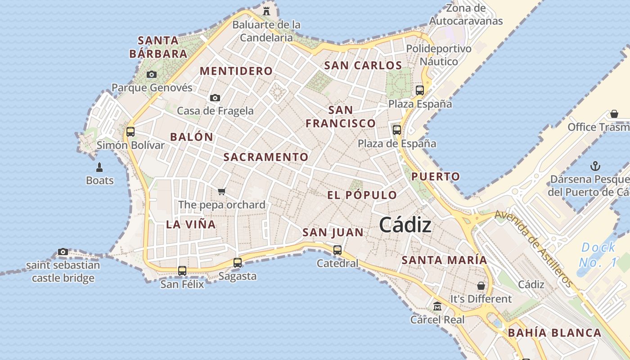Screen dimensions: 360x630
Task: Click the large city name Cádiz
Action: click(x=405, y=225)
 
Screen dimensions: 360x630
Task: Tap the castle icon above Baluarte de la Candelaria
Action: click(x=267, y=10)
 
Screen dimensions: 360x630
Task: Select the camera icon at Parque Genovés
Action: click(x=152, y=74)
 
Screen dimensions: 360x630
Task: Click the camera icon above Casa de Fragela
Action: click(x=215, y=98)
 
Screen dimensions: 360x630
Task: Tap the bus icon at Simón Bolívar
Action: click(x=130, y=132)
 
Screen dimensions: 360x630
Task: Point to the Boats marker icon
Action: click(x=100, y=168)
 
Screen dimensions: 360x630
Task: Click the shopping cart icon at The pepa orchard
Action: click(x=221, y=191)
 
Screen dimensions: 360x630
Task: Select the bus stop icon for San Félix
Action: click(x=182, y=271)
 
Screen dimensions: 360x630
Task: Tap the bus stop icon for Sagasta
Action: click(x=237, y=263)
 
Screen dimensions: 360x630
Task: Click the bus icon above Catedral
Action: click(x=337, y=250)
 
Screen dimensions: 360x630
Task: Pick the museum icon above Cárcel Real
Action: click(x=437, y=306)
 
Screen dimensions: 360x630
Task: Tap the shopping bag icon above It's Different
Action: click(x=481, y=286)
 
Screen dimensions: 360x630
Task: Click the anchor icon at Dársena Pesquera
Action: click(x=595, y=166)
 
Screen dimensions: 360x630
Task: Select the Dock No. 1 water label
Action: click(x=599, y=255)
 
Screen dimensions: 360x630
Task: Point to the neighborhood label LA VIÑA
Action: click(x=191, y=224)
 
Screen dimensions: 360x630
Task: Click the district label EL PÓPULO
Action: click(x=362, y=195)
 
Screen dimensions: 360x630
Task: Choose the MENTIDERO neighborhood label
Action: click(x=236, y=71)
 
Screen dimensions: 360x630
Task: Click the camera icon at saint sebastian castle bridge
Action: click(x=63, y=252)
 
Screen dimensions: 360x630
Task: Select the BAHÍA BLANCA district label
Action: click(x=554, y=333)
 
